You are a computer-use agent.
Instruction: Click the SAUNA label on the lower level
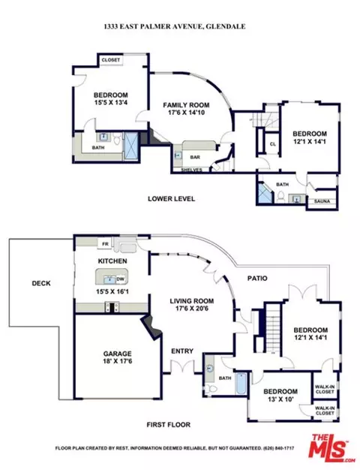coord(322,201)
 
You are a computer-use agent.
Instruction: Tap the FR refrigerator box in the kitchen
coord(105,244)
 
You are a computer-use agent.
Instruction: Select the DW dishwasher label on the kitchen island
coord(121,279)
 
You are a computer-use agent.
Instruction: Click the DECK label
coord(41,283)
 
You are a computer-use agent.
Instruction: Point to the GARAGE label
coord(118,354)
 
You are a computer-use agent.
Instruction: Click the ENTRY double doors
coord(182,366)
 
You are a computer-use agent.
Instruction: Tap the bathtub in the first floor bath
coord(241,384)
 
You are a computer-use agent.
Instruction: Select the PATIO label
coord(257,278)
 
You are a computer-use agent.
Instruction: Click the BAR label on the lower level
coord(195,157)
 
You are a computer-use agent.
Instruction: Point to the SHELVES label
coord(192,170)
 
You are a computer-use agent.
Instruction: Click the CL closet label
coord(272,144)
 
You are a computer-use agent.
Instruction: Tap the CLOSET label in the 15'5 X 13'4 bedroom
coord(111,60)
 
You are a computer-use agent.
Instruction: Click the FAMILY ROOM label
coord(186,105)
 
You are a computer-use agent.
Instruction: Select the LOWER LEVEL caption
coord(171,198)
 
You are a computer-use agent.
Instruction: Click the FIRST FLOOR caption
coord(169,424)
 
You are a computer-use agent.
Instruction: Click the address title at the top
coord(175,27)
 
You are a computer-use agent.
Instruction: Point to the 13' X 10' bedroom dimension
coord(280,399)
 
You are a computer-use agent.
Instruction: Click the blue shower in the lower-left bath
coord(130,143)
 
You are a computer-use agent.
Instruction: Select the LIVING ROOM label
coord(192,301)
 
